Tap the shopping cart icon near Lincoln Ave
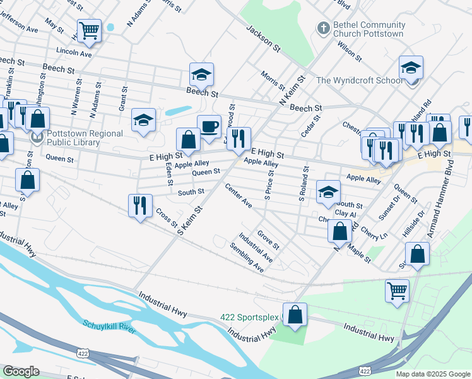(89, 30)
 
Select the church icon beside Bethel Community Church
(323, 28)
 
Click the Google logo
(21, 371)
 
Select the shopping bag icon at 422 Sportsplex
(295, 315)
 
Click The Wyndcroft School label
(359, 80)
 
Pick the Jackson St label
(263, 38)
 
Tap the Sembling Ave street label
(247, 257)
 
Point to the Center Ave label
(239, 196)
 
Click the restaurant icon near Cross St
(139, 205)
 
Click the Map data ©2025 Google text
(432, 374)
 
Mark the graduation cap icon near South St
(328, 192)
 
